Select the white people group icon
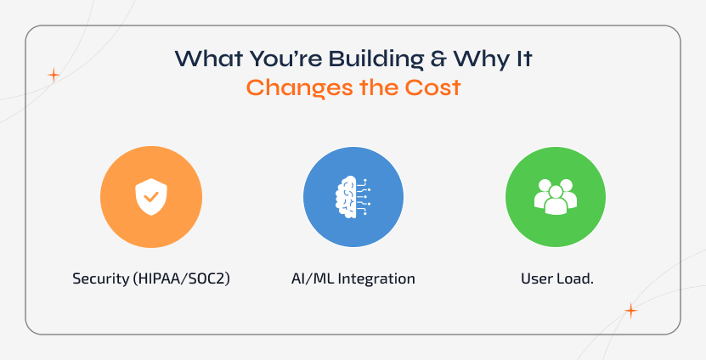556,197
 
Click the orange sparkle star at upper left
54,75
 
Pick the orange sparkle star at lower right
630,311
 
